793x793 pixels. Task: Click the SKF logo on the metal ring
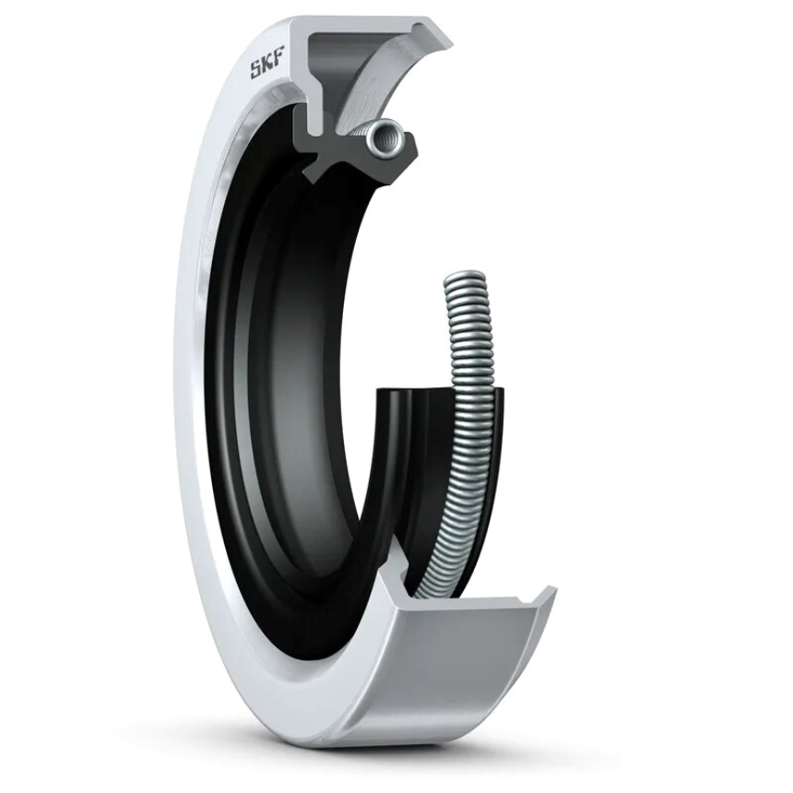[x=267, y=67]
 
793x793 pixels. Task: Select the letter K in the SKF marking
[x=267, y=67]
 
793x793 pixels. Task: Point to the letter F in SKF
[x=279, y=64]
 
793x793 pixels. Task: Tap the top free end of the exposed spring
[x=467, y=278]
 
